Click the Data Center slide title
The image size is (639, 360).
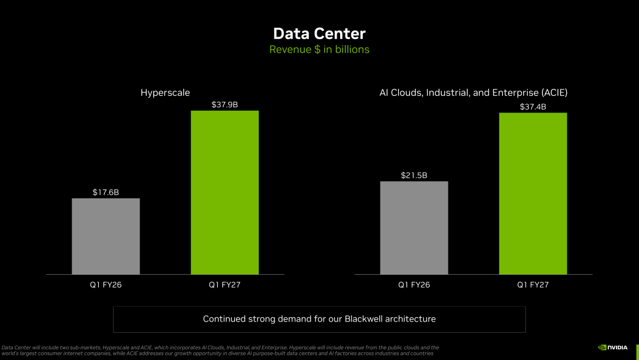pos(319,33)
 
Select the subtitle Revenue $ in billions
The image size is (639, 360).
pos(319,49)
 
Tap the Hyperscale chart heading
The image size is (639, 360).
pos(165,92)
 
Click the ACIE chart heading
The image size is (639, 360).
pos(473,92)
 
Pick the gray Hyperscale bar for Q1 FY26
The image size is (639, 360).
pos(106,236)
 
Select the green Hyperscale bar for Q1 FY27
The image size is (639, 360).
pos(225,192)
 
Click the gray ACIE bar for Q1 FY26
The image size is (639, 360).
pos(414,228)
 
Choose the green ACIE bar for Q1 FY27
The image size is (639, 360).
pos(533,194)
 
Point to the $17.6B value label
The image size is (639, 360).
pos(106,192)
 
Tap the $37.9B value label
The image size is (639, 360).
pos(225,105)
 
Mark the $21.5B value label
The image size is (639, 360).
pos(414,175)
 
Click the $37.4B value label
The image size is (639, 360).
pos(533,107)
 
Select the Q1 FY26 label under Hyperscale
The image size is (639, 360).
pos(106,285)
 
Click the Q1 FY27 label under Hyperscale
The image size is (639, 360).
pos(225,285)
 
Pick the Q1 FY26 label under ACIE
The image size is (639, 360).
pos(414,285)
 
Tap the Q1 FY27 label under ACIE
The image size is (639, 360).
pos(533,285)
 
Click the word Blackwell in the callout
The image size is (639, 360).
pos(363,319)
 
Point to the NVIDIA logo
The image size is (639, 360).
pos(613,348)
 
